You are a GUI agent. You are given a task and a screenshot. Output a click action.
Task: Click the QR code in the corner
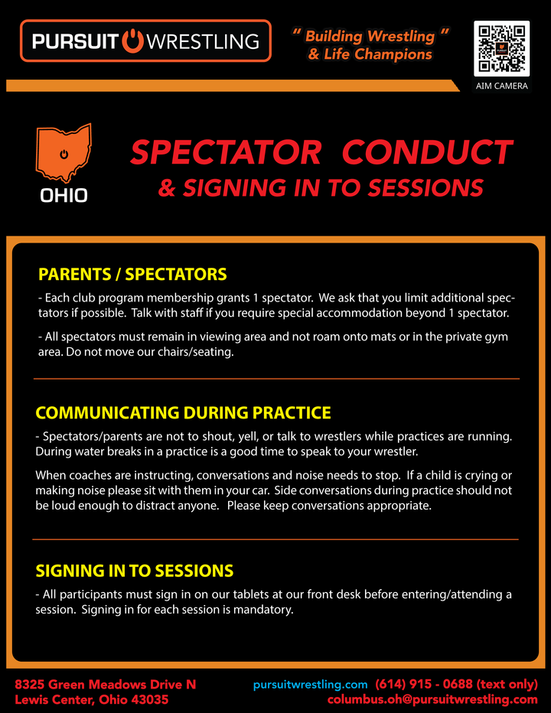click(501, 49)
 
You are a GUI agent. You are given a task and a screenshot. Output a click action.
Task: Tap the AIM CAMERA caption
click(501, 86)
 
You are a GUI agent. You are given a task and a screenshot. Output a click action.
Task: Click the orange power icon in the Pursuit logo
click(133, 41)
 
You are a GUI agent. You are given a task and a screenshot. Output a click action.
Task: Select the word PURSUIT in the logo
click(75, 41)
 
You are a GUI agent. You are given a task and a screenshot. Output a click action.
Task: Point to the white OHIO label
click(64, 196)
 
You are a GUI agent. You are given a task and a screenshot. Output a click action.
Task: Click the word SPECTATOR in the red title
click(226, 152)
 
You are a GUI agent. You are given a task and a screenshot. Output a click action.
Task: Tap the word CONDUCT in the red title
click(427, 152)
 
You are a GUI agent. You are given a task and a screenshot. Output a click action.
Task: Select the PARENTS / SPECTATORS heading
click(132, 274)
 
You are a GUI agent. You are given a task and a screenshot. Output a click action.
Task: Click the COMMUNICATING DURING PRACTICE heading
click(184, 412)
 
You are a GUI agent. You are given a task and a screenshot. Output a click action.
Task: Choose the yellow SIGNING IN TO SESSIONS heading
click(135, 571)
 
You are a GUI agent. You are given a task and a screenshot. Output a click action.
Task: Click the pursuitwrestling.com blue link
click(310, 685)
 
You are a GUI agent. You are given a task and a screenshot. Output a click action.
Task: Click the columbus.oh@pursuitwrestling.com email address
click(432, 699)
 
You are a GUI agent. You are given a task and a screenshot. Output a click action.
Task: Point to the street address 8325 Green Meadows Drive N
click(106, 685)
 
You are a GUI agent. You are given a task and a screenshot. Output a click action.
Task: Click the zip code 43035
click(150, 699)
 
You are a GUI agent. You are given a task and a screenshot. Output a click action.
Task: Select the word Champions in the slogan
click(393, 54)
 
